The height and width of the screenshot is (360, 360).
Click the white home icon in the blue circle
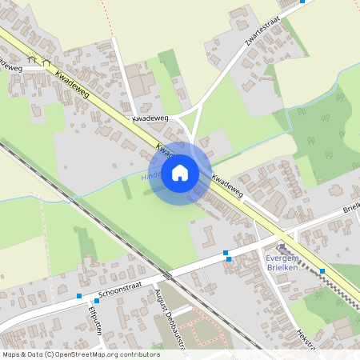[180, 173]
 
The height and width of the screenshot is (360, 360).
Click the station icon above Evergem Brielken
[281, 248]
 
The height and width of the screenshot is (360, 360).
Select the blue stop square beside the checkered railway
[322, 271]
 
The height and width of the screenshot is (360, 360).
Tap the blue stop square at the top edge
[302, 2]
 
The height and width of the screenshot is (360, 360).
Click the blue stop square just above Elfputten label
[97, 302]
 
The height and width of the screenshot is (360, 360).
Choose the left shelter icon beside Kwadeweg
[31, 58]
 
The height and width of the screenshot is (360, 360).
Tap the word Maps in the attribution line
[11, 353]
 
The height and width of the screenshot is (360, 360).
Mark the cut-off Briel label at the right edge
[352, 208]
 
